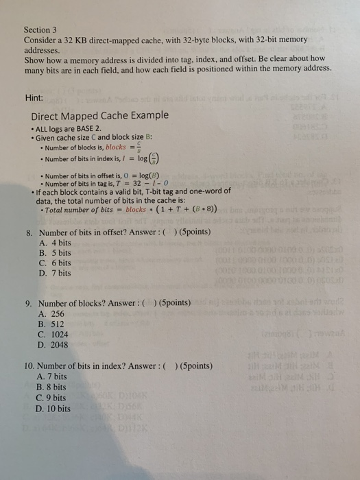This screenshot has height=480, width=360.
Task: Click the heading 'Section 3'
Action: tap(39, 31)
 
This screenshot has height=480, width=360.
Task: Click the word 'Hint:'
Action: tap(35, 98)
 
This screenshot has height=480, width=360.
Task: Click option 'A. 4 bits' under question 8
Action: tap(56, 243)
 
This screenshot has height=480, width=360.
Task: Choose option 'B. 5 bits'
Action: tap(56, 253)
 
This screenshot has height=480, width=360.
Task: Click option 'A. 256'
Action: tap(54, 313)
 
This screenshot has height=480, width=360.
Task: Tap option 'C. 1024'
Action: tap(56, 335)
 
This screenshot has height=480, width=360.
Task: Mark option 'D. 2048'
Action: tap(56, 345)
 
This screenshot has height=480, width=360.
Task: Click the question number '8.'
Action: tap(29, 232)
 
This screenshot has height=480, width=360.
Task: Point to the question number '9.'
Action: tap(29, 302)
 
